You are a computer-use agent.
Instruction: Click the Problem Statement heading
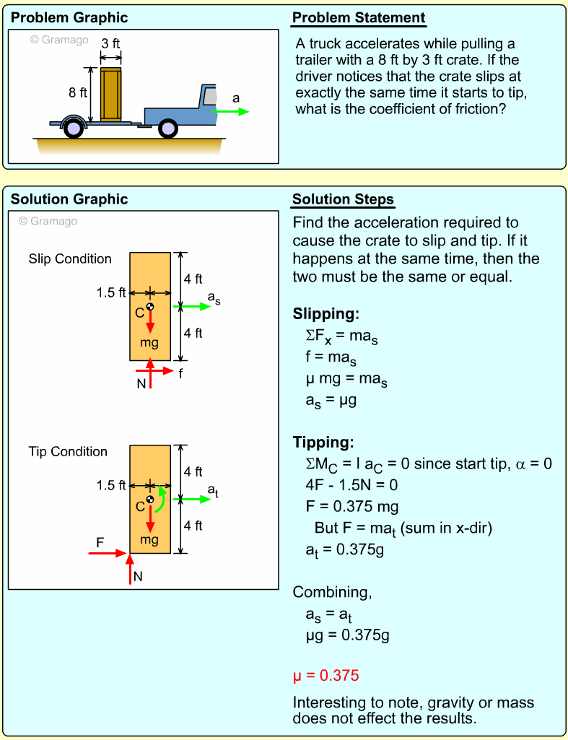pyautogui.click(x=359, y=18)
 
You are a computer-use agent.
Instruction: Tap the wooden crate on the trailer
pyautogui.click(x=111, y=94)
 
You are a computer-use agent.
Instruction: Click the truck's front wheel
pyautogui.click(x=167, y=128)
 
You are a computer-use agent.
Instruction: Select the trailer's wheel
pyautogui.click(x=73, y=128)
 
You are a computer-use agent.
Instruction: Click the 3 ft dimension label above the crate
pyautogui.click(x=110, y=43)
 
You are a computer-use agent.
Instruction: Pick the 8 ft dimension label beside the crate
pyautogui.click(x=77, y=92)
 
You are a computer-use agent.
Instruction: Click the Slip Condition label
pyautogui.click(x=70, y=258)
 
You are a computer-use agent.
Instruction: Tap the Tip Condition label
pyautogui.click(x=68, y=451)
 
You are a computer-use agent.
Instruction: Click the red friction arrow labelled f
pyautogui.click(x=165, y=373)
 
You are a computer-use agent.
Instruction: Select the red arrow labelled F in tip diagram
pyautogui.click(x=108, y=553)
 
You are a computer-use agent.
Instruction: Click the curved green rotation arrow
pyautogui.click(x=162, y=498)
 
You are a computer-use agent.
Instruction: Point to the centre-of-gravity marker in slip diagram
pyautogui.click(x=150, y=307)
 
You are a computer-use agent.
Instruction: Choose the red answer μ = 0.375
pyautogui.click(x=325, y=676)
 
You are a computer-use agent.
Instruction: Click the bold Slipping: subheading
pyautogui.click(x=325, y=314)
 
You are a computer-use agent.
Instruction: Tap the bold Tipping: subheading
pyautogui.click(x=323, y=442)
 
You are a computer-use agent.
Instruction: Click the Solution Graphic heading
pyautogui.click(x=69, y=199)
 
